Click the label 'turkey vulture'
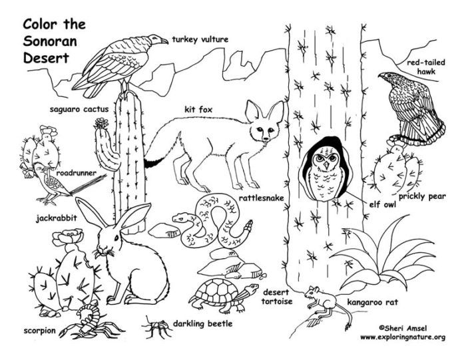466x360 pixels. click(x=200, y=40)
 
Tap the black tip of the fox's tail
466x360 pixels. click(x=152, y=162)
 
